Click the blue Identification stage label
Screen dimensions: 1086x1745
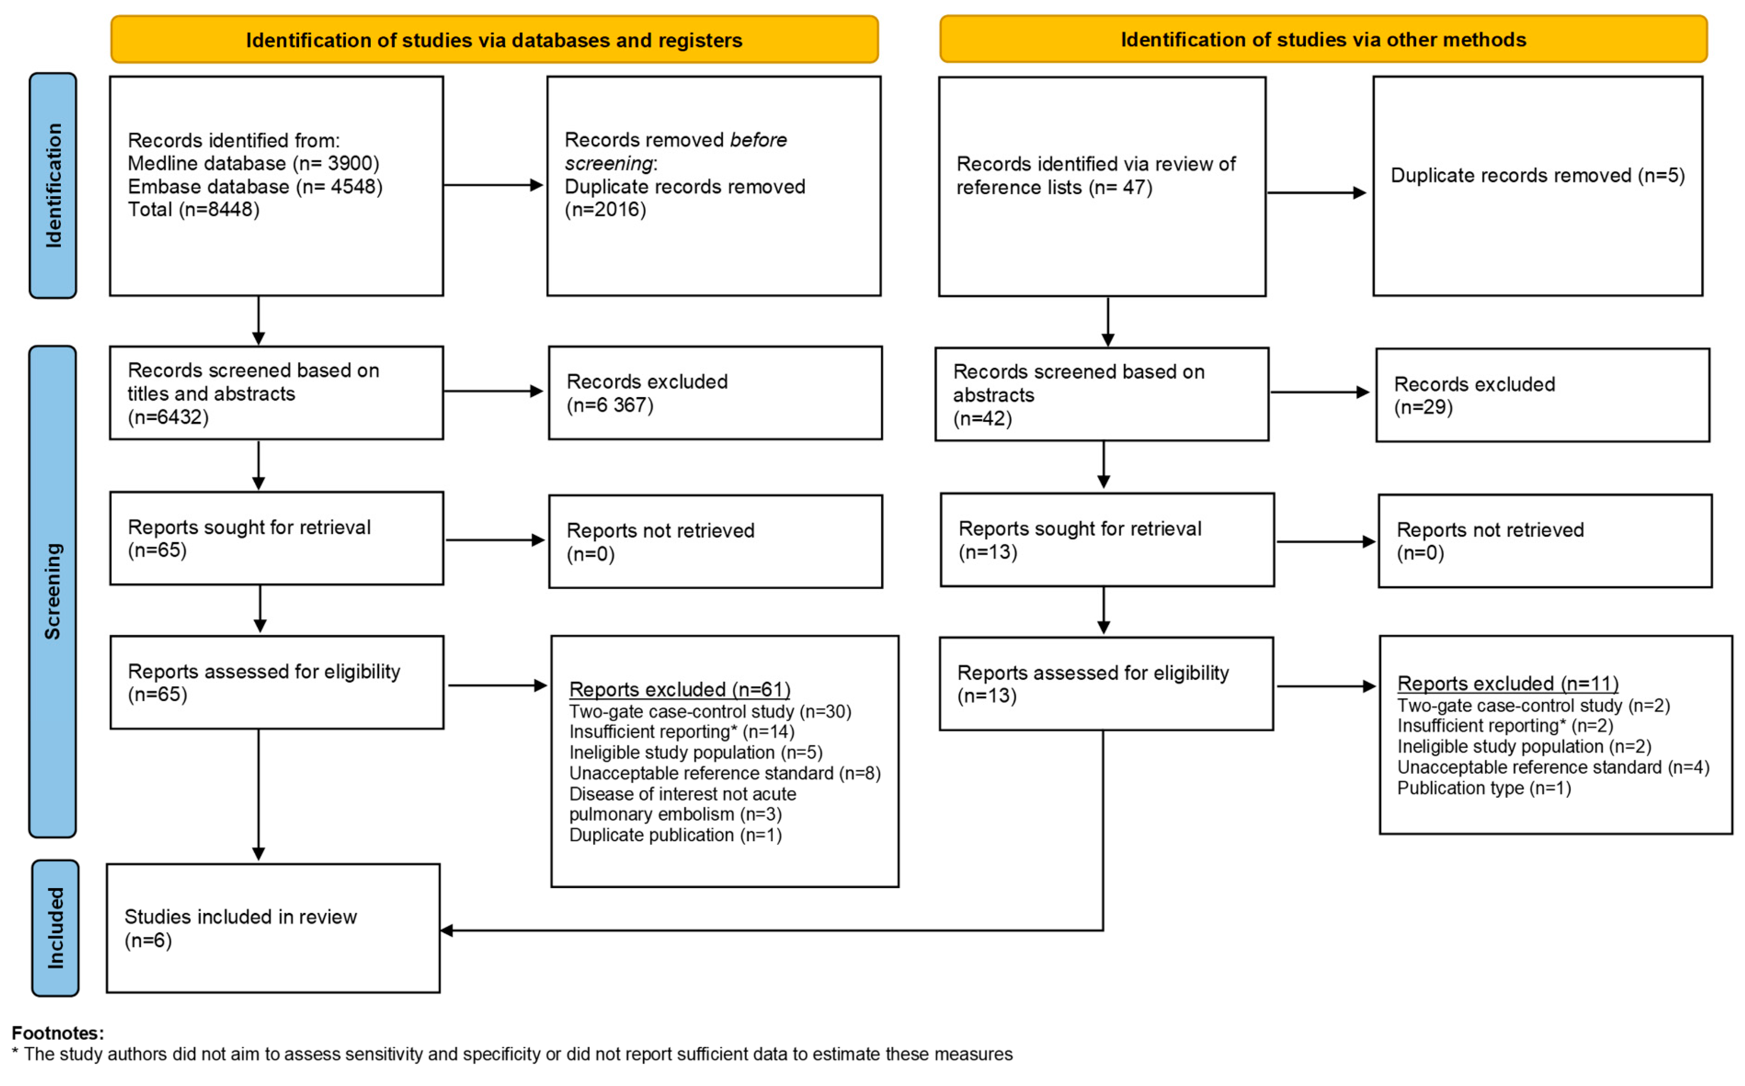coord(53,185)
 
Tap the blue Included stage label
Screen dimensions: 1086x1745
coord(55,927)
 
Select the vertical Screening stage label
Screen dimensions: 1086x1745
coord(52,591)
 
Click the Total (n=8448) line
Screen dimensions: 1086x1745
coord(193,210)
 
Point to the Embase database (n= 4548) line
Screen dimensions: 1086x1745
coord(255,187)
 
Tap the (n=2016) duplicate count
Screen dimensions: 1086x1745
coord(605,210)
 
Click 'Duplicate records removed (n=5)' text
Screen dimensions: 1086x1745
coord(1537,175)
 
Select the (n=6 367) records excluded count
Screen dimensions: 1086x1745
coord(610,405)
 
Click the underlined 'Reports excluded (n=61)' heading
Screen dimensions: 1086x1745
coord(679,689)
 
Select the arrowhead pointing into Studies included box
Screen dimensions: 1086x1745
coord(447,931)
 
